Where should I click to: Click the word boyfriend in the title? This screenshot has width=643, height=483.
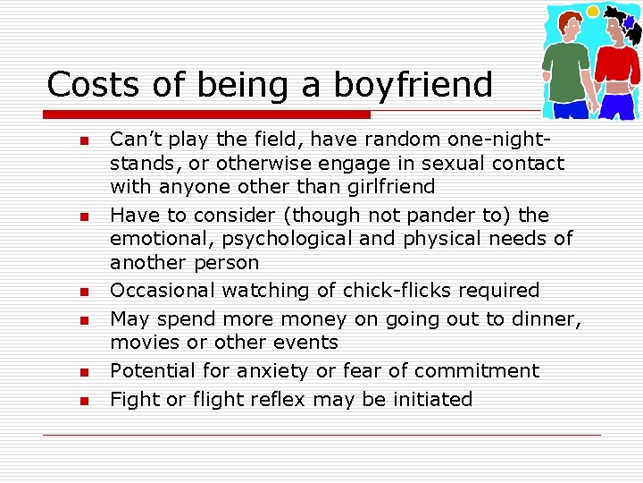413,85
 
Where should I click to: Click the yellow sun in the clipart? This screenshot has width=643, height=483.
592,12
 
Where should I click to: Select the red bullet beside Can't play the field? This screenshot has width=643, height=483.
83,140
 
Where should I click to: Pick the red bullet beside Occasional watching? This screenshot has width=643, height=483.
83,292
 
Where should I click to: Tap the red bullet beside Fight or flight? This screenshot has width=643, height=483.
83,401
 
